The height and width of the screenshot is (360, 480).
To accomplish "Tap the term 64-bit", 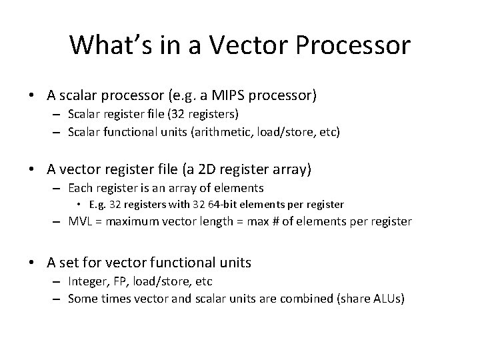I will (235, 205).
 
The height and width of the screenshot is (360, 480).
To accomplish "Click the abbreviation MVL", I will (81, 221).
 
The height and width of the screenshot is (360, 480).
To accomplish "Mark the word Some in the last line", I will (83, 299).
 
